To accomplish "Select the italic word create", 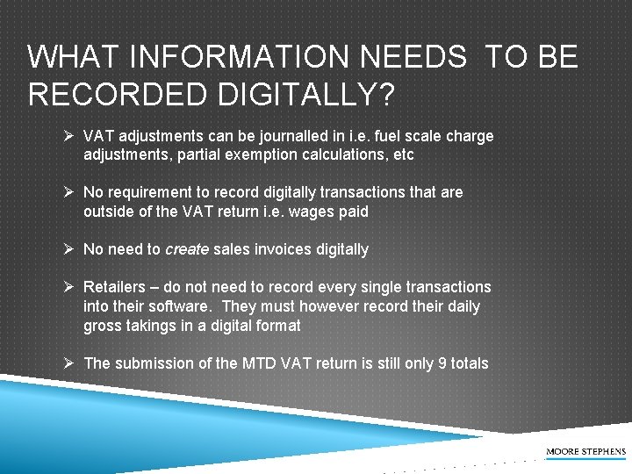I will pyautogui.click(x=186, y=249).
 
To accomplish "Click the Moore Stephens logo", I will pyautogui.click(x=585, y=451).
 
